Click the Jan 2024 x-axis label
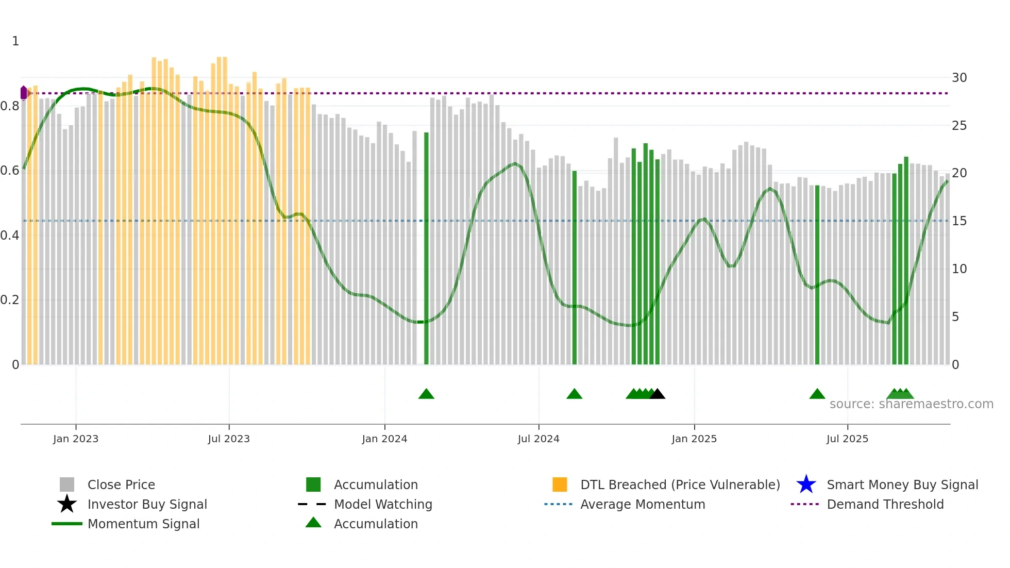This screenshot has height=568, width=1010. click(384, 439)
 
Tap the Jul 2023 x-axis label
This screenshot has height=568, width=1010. click(229, 439)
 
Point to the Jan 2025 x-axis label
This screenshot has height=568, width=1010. click(694, 439)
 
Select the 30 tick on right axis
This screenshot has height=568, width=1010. click(959, 78)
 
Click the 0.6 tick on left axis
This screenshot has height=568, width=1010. click(10, 171)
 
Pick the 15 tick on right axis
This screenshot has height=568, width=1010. click(959, 221)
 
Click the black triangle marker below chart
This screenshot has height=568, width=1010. click(657, 394)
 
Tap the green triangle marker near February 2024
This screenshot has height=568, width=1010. click(426, 394)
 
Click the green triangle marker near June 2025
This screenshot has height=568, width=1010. click(817, 394)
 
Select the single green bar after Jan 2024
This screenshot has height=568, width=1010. click(426, 247)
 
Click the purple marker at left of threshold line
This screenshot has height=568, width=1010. click(24, 93)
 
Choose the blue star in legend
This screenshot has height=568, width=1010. click(806, 485)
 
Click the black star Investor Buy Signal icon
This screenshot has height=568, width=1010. click(67, 504)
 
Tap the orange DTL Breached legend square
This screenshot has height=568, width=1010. click(560, 485)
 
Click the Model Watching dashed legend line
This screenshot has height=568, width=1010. click(312, 504)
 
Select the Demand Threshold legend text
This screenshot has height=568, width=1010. click(885, 504)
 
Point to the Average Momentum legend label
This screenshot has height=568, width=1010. click(642, 504)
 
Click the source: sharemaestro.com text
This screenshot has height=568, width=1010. click(911, 404)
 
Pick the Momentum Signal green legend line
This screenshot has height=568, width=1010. click(67, 524)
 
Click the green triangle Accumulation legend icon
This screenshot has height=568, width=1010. click(313, 523)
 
